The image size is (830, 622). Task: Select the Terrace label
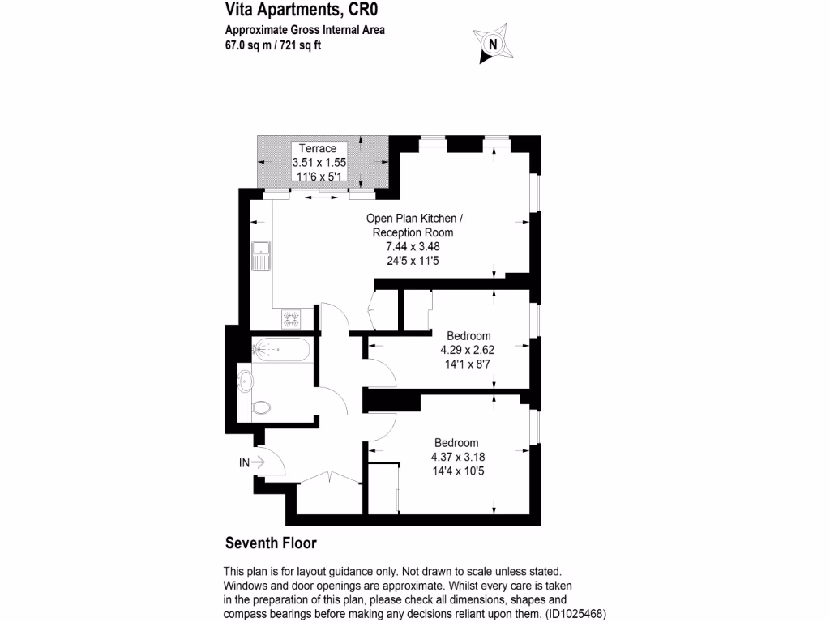(x=318, y=148)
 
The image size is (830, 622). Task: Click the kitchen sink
(x=260, y=256)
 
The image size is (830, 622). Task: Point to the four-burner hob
(x=292, y=317)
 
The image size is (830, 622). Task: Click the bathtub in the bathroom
(x=280, y=350)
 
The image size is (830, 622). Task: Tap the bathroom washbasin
(x=246, y=378)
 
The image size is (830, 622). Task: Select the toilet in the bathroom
(x=262, y=407)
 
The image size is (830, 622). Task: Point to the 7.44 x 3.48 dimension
(x=413, y=247)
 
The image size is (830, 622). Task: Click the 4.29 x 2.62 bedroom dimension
(x=468, y=350)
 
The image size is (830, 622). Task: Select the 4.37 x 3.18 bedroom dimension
(x=458, y=457)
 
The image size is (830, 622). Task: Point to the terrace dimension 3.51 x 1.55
(x=319, y=162)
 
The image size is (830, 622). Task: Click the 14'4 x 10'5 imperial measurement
(x=458, y=471)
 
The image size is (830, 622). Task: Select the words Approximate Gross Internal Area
(x=304, y=31)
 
